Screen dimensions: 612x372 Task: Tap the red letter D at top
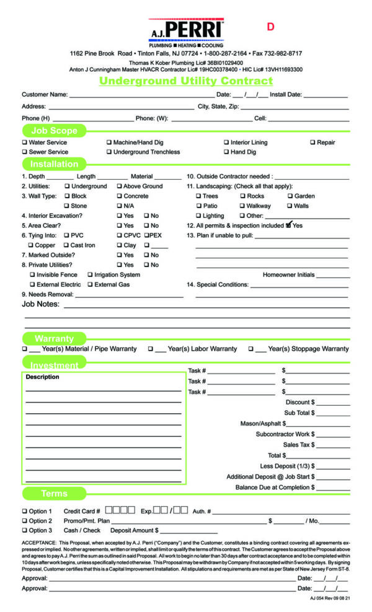click(x=270, y=27)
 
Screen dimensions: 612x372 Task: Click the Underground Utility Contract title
click(x=186, y=81)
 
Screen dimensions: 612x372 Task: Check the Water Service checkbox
click(x=25, y=142)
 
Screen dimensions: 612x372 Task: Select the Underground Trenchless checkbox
click(x=109, y=152)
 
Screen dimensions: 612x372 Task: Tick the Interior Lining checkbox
click(x=226, y=142)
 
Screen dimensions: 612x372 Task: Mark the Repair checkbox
click(x=312, y=142)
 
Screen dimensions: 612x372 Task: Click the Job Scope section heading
click(x=55, y=131)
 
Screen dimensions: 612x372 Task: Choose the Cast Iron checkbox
click(x=66, y=245)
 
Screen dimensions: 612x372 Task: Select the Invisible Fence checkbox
click(x=32, y=274)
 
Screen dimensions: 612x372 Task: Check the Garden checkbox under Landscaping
click(x=290, y=196)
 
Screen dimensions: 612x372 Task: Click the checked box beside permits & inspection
click(x=288, y=225)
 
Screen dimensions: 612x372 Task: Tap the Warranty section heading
click(x=54, y=339)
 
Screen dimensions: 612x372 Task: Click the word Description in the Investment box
click(x=43, y=377)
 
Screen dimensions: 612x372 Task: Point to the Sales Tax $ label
click(x=299, y=444)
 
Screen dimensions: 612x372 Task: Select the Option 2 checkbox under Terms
click(x=25, y=521)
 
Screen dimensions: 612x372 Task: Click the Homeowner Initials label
click(x=288, y=274)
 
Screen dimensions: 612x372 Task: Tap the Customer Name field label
click(x=45, y=95)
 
